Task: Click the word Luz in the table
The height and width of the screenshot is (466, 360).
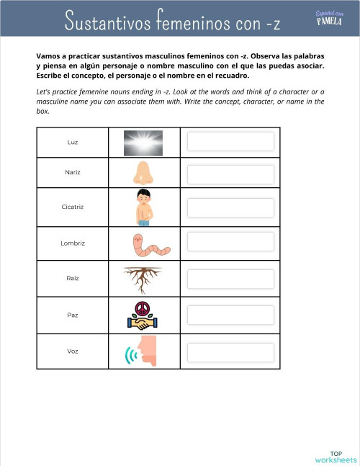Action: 72,143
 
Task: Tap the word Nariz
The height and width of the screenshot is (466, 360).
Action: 72,173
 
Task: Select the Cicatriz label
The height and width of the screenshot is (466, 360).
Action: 72,207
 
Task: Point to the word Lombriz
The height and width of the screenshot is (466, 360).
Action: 72,243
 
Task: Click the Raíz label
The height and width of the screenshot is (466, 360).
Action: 72,277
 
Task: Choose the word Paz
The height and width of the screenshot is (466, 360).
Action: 72,315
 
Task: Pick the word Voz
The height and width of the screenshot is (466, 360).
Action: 72,351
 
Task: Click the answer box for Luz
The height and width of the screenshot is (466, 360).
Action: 230,141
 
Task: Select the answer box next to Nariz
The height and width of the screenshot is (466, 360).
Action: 230,174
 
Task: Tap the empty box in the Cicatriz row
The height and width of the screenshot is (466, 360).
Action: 230,207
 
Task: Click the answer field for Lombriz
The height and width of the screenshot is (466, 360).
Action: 230,243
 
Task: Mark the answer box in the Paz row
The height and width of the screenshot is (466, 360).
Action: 230,315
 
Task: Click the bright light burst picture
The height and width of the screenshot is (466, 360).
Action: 143,143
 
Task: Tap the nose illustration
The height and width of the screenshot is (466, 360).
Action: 143,174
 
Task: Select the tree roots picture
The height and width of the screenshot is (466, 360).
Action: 143,279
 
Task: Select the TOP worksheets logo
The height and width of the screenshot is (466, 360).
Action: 335,455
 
